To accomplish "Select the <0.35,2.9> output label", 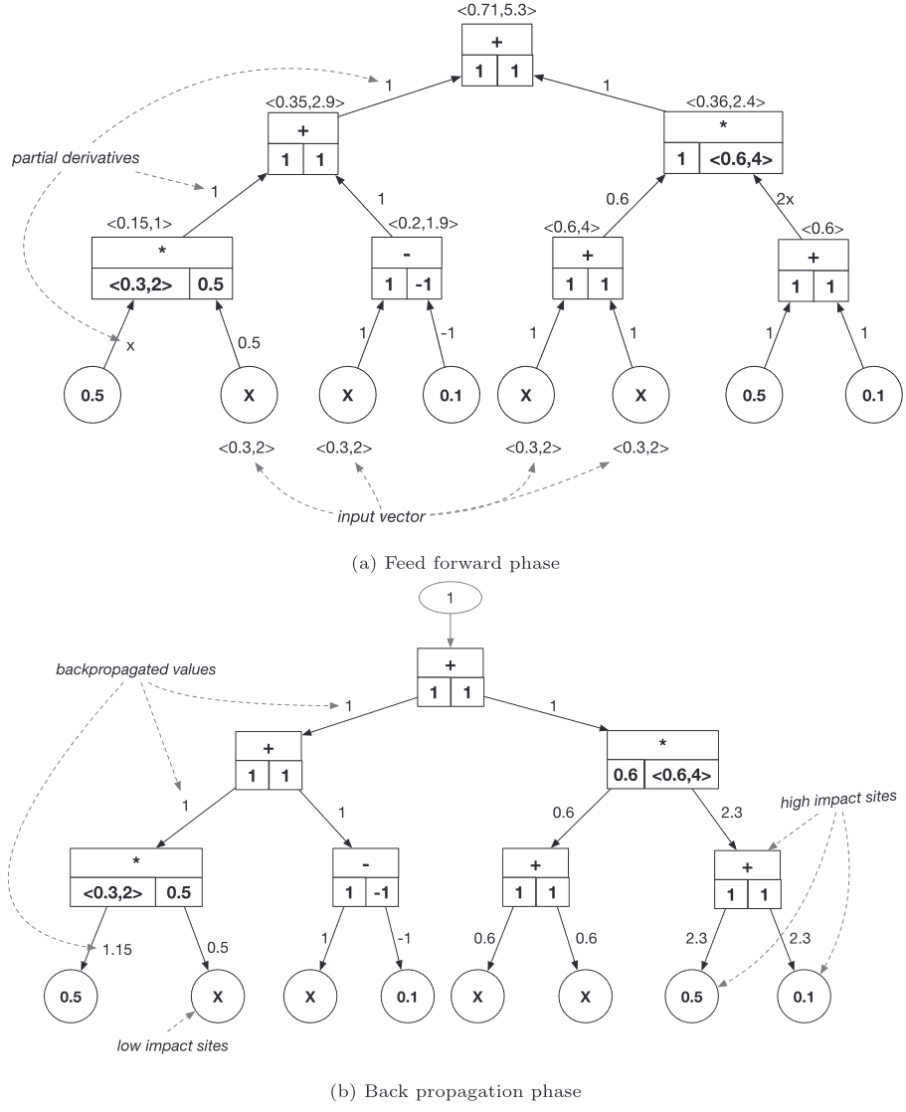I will tap(301, 100).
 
